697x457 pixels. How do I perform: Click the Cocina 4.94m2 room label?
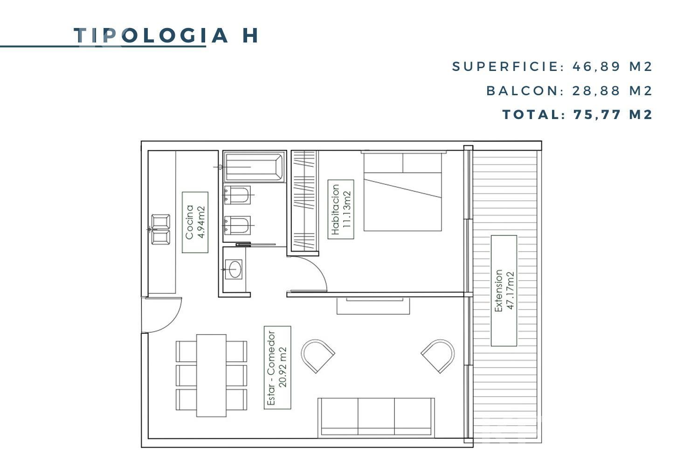point(195,222)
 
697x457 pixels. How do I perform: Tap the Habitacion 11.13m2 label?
point(341,209)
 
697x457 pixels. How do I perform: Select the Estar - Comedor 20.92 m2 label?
point(277,367)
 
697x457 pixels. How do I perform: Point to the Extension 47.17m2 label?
point(504,291)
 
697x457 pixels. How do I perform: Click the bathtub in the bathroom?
point(254,167)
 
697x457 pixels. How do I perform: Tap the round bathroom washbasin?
point(234,269)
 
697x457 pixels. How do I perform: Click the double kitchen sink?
point(160,229)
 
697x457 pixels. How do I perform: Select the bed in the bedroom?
point(403,191)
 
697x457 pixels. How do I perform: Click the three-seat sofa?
point(376,417)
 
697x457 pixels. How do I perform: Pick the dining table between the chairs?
point(211,375)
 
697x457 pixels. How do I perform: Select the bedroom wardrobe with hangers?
point(304,201)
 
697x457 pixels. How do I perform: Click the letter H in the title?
point(250,35)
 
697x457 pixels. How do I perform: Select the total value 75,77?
point(597,115)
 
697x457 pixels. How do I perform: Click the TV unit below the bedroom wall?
point(373,306)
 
